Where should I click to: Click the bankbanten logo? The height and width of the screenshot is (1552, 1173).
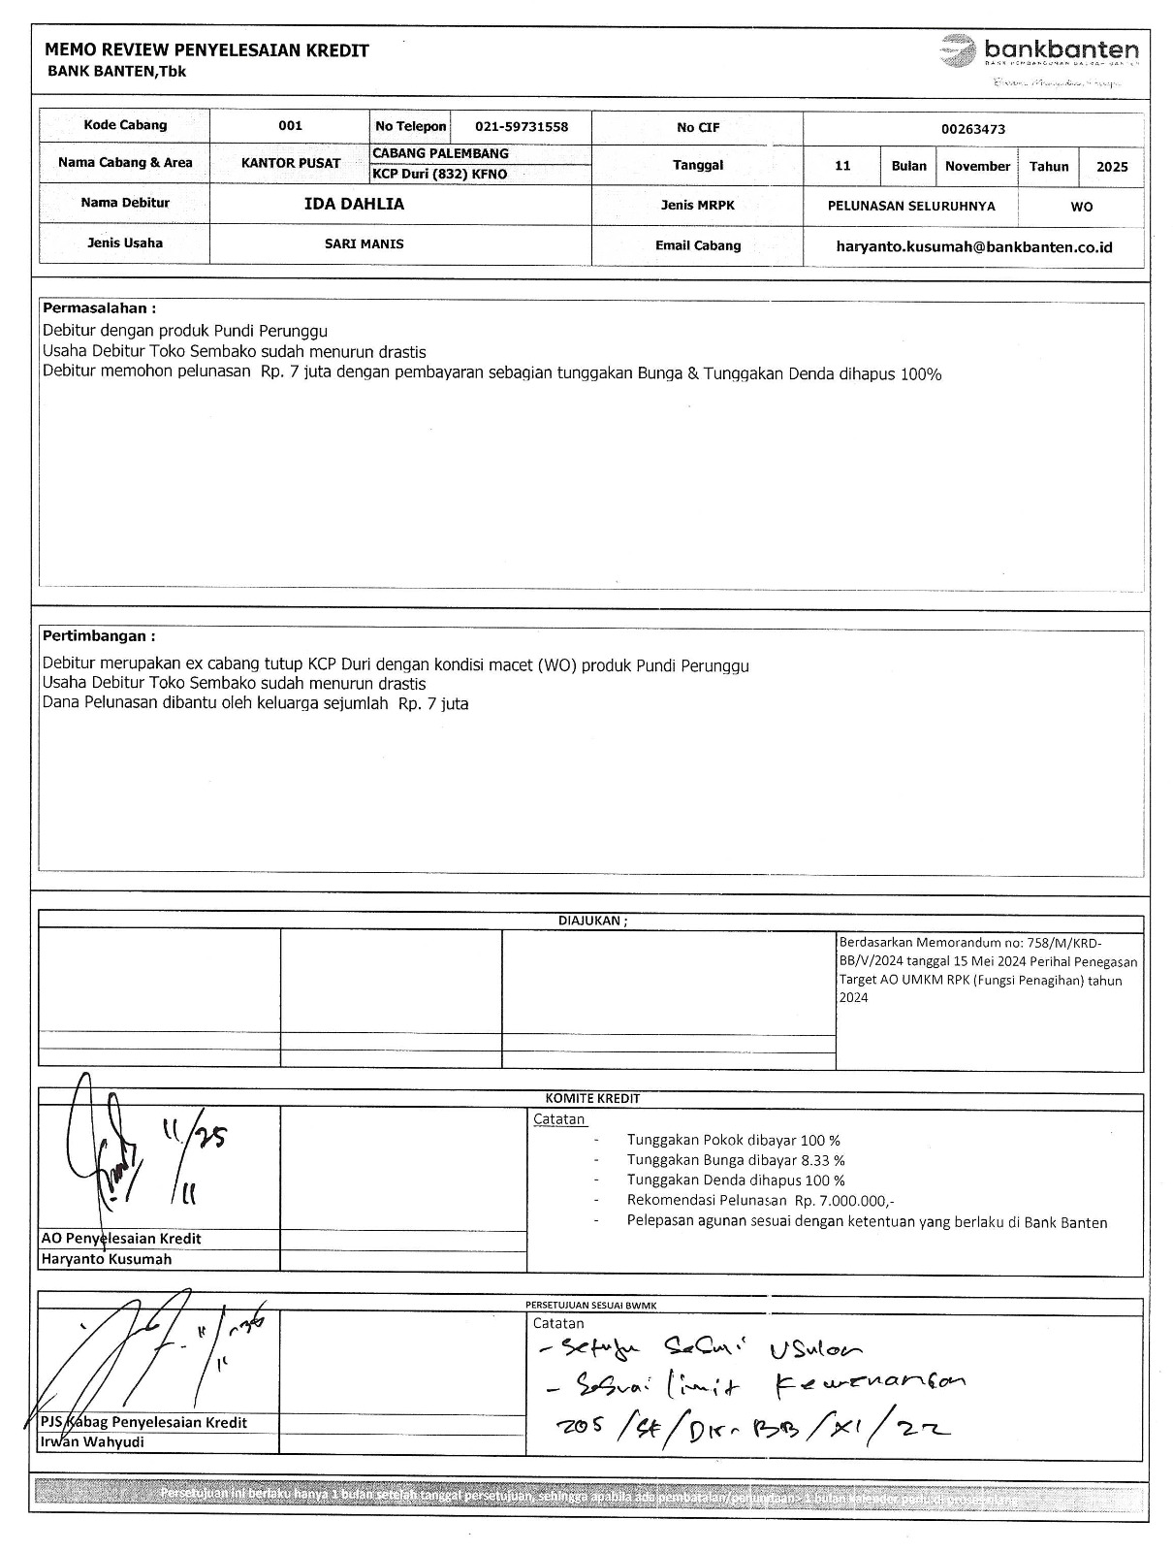click(x=1040, y=50)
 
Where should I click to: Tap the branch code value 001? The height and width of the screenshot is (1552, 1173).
click(x=290, y=126)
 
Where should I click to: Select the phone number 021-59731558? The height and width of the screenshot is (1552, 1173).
click(x=521, y=127)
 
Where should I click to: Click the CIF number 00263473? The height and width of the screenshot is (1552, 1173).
click(x=972, y=129)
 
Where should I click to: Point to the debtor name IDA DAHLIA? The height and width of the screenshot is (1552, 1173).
click(x=354, y=204)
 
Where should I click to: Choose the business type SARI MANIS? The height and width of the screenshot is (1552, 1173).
click(x=364, y=244)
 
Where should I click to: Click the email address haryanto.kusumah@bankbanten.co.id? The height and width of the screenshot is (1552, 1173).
click(x=973, y=247)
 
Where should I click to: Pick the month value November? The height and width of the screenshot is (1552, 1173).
click(x=977, y=167)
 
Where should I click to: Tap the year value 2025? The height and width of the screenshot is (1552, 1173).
click(x=1112, y=167)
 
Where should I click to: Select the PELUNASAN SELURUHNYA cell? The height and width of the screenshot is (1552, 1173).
click(x=910, y=207)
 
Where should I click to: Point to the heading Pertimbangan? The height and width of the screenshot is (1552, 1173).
click(x=99, y=636)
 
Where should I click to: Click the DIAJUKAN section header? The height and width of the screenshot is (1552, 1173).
click(x=592, y=921)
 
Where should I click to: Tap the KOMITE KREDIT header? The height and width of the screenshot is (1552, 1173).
click(x=592, y=1099)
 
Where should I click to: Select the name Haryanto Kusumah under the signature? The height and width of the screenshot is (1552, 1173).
click(x=106, y=1259)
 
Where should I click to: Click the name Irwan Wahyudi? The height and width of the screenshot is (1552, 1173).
click(x=92, y=1441)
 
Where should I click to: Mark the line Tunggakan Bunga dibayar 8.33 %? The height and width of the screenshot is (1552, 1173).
click(x=735, y=1160)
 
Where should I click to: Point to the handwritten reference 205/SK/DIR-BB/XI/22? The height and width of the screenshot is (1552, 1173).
click(x=752, y=1425)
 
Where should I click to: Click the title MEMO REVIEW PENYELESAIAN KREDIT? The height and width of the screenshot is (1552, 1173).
click(x=206, y=51)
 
